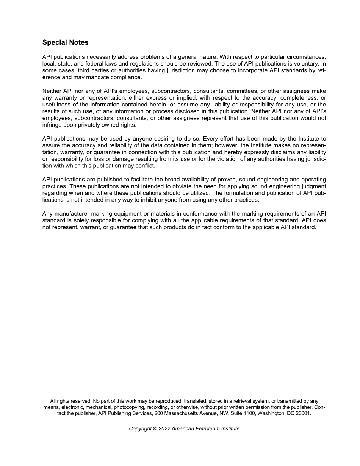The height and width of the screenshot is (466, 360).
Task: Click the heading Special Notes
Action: pyautogui.click(x=65, y=42)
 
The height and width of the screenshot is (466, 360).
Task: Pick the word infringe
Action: pyautogui.click(x=52, y=125)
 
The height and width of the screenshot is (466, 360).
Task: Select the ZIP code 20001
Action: pyautogui.click(x=303, y=414)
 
